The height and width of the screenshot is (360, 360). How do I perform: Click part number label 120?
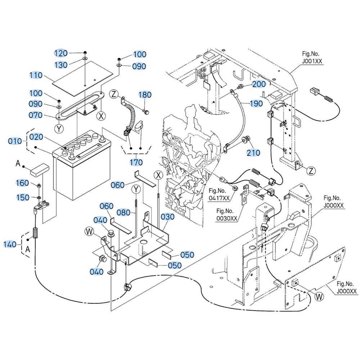click(x=61, y=54)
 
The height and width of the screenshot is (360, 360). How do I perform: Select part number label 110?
click(x=36, y=75)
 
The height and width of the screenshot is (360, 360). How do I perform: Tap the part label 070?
click(x=36, y=115)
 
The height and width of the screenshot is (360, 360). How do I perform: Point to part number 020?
click(x=36, y=137)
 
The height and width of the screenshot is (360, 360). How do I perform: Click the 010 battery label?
click(x=15, y=141)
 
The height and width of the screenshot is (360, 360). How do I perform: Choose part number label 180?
click(x=145, y=95)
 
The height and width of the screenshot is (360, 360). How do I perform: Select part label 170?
click(x=136, y=162)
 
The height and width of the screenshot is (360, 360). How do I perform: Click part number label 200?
click(x=259, y=84)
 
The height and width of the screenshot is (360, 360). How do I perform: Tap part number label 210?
click(x=253, y=153)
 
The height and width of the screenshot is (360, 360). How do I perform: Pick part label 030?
click(x=167, y=217)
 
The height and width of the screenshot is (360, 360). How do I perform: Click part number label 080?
click(x=123, y=212)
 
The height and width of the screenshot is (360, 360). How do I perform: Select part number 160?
click(x=22, y=183)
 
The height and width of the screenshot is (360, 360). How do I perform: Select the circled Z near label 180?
click(x=114, y=95)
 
